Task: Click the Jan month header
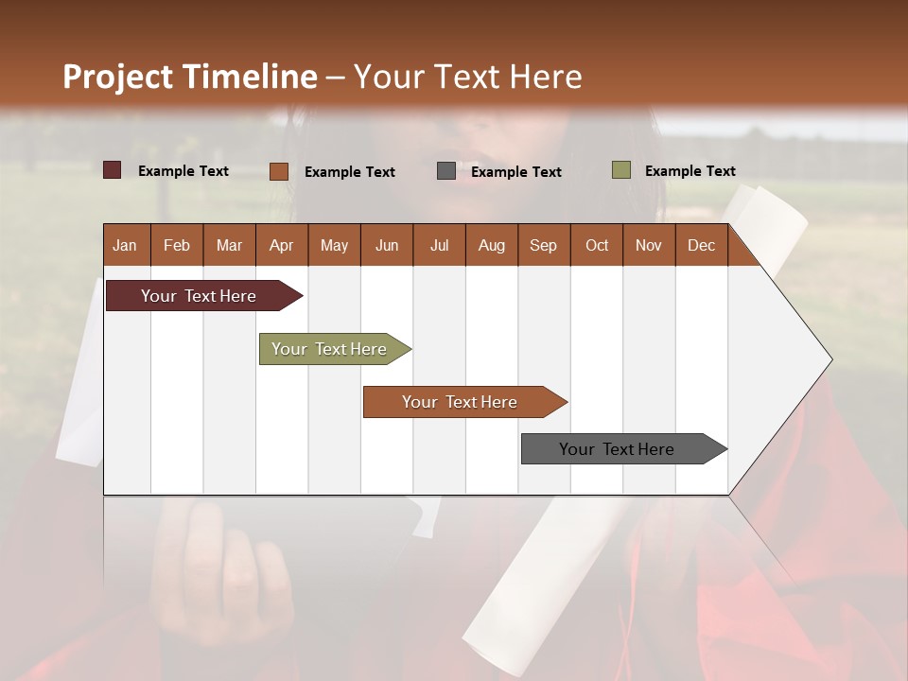125,245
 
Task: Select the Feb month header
177,245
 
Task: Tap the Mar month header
229,245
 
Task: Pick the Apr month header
281,245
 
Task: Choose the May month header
334,245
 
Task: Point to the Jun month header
387,245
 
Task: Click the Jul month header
439,245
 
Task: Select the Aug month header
491,245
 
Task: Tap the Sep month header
543,245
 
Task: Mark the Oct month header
597,245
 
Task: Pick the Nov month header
649,245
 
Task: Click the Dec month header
701,245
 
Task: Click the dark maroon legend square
113,170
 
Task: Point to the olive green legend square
620,170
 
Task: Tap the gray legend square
446,170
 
